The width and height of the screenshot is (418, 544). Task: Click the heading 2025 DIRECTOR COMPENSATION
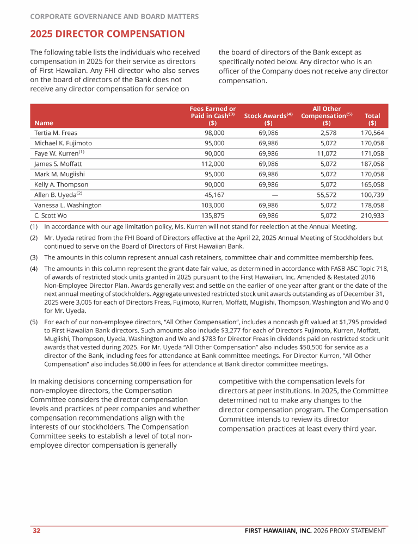[x=107, y=34]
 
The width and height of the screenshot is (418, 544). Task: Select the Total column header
[x=372, y=119]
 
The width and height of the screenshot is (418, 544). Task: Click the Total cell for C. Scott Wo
[x=372, y=215]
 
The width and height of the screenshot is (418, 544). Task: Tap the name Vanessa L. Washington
[x=68, y=205]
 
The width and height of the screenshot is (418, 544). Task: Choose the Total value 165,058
[x=372, y=184]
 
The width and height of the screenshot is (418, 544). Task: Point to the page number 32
[x=36, y=530]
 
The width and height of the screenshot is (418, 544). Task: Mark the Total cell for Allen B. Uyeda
[x=372, y=195]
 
